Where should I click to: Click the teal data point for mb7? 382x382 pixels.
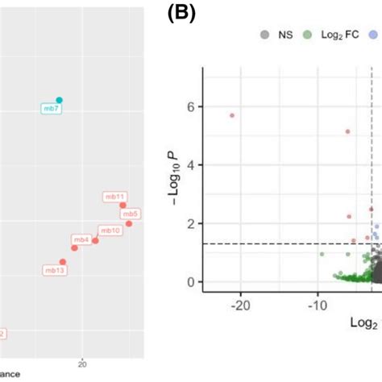(59, 100)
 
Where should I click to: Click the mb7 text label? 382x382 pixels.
(52, 108)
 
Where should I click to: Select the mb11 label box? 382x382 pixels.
(114, 196)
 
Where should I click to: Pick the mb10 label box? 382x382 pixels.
(110, 230)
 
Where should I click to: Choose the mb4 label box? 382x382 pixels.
(81, 239)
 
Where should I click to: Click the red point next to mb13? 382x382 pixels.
(63, 262)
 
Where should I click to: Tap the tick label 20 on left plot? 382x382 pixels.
(81, 363)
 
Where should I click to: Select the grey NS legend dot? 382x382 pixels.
(264, 34)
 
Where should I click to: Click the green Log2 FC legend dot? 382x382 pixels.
(307, 34)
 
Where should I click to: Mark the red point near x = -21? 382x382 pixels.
(232, 115)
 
